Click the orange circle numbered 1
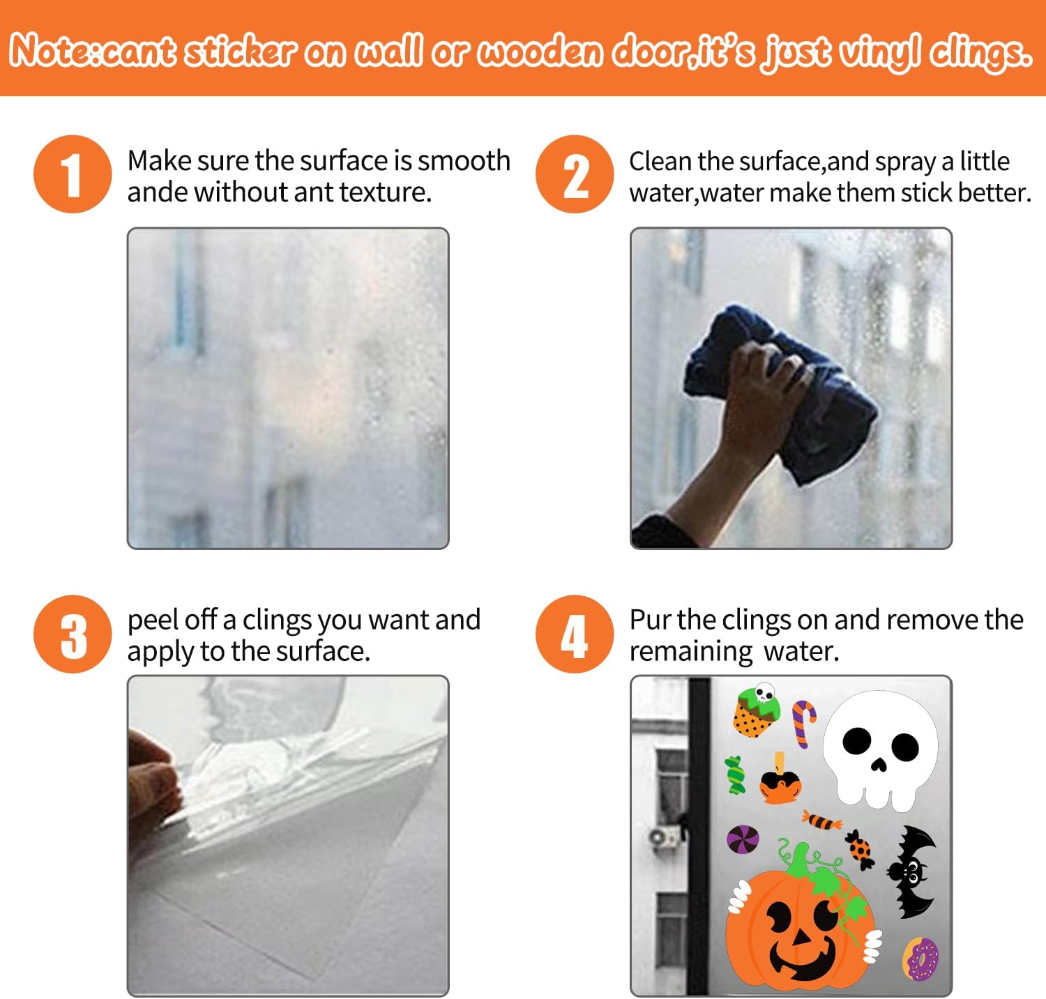coord(73,174)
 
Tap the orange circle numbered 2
coord(575,174)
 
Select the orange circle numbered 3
coord(73,634)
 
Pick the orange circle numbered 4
coord(575,634)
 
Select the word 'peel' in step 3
coord(149,620)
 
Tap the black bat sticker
coord(911,871)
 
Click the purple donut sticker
coord(920,958)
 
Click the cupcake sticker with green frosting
coord(755,710)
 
